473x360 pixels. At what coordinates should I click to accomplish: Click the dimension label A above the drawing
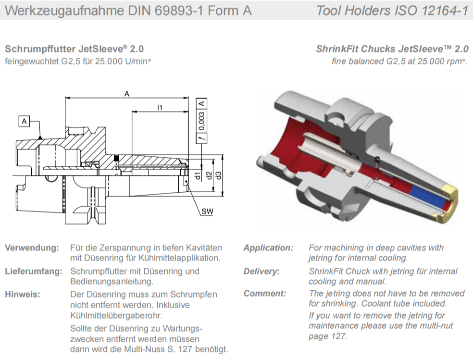(127, 94)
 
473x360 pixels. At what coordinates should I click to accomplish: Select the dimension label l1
(159, 108)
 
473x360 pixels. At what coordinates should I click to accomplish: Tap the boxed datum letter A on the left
(25, 121)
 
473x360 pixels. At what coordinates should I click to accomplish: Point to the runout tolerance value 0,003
(202, 123)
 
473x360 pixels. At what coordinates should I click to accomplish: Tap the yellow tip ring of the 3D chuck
(451, 198)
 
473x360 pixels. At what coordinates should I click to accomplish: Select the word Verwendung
(32, 248)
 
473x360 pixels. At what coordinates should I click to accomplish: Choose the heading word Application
(268, 248)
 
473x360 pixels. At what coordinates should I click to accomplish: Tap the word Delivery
(261, 271)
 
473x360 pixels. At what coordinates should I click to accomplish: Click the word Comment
(265, 293)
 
